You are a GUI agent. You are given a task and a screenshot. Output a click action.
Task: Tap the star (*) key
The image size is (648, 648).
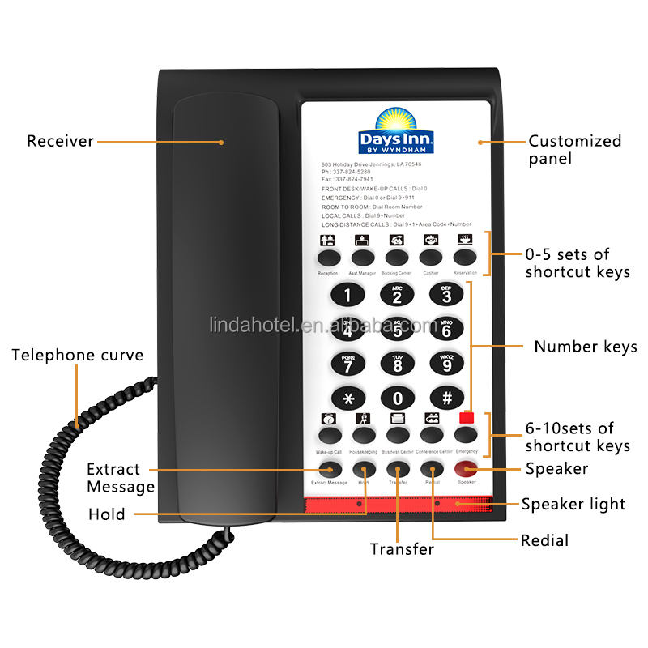point(348,398)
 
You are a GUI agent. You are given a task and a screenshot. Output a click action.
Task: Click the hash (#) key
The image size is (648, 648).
point(446,398)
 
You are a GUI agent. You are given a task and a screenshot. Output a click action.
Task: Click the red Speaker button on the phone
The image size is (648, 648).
point(467,469)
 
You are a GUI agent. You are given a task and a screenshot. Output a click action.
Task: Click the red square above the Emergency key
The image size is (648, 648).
point(467,418)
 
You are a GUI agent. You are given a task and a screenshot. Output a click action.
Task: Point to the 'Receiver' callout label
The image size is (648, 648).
point(61,142)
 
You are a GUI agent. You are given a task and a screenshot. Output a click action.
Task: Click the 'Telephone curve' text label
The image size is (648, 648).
point(78,355)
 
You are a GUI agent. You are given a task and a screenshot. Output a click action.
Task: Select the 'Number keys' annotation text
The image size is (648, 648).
point(585,347)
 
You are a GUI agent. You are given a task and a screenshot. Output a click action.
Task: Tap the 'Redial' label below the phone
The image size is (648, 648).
point(544,540)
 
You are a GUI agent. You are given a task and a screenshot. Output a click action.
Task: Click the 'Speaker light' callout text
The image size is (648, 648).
point(573,504)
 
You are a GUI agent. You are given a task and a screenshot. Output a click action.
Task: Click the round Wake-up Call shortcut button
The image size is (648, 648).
point(329,435)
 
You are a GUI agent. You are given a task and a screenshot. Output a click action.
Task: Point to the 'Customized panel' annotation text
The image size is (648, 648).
point(574,149)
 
